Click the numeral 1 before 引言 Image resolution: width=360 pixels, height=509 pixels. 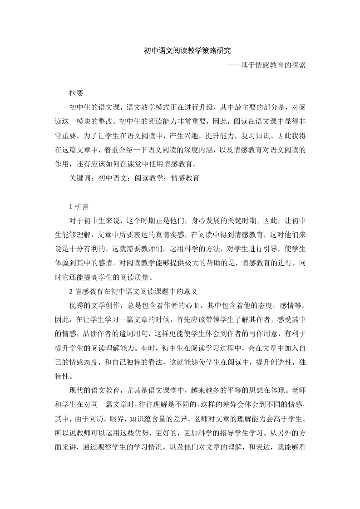tap(71, 206)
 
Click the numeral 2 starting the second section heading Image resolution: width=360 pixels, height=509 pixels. tap(71, 291)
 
